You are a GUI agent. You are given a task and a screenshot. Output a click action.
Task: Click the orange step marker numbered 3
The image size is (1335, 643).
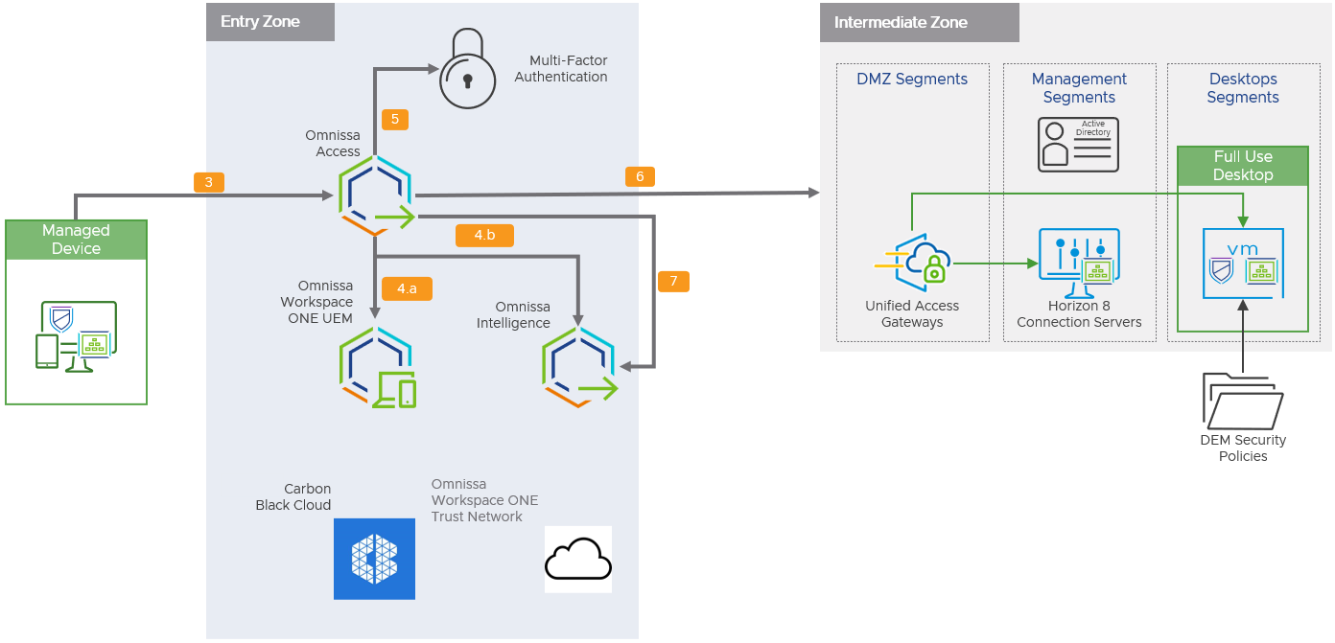208,182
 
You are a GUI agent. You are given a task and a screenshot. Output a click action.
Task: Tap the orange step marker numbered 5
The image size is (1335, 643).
395,120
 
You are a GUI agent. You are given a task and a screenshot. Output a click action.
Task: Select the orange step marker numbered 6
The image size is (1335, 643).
640,176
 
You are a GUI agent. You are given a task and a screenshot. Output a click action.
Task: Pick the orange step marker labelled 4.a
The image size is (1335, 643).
407,287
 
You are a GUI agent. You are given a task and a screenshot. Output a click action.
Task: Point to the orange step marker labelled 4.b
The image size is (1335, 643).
485,236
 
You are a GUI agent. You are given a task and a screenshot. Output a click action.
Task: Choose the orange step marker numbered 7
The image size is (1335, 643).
673,281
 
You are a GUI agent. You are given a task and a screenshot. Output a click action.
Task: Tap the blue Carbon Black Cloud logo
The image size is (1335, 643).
374,559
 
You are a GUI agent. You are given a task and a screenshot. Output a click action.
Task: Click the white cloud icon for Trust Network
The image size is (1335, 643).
578,559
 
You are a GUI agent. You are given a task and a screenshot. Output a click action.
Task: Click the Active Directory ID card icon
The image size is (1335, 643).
1078,145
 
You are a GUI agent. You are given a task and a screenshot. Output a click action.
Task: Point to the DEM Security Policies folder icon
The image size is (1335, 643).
1243,401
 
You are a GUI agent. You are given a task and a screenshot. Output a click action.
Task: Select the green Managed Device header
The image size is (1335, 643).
76,240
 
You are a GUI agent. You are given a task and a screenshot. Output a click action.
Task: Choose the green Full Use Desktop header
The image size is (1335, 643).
1243,166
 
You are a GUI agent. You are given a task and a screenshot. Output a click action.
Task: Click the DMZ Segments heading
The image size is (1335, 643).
912,80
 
